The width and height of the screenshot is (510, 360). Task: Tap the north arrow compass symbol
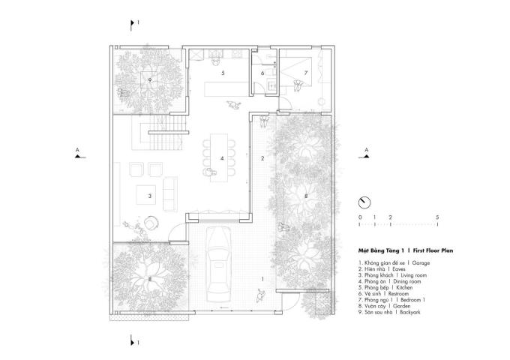tap(364, 202)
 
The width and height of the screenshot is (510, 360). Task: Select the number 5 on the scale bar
tap(437, 217)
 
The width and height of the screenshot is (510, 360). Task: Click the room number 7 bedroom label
tap(306, 73)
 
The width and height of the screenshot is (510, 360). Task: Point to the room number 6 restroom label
tap(262, 73)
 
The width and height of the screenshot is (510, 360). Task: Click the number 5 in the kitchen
tap(223, 73)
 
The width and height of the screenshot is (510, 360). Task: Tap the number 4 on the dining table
tap(222, 158)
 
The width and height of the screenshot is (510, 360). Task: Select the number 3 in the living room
tap(150, 196)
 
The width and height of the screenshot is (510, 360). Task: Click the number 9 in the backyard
tap(150, 80)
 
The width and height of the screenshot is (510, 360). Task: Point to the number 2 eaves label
tap(262, 158)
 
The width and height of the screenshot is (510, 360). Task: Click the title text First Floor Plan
tap(433, 250)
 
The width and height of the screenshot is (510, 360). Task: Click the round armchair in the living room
tap(151, 223)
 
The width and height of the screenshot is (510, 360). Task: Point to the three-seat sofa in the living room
tap(170, 194)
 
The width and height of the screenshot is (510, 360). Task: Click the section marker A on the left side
tap(78, 154)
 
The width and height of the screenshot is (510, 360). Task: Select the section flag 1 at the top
tap(133, 25)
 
